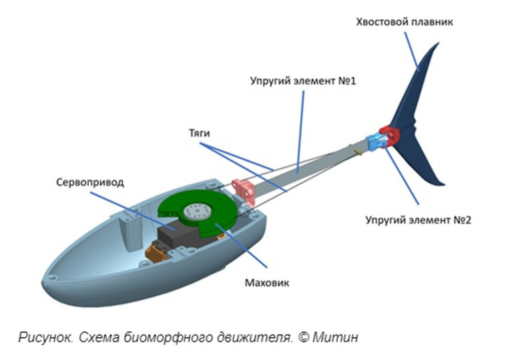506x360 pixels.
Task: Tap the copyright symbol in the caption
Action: pyautogui.click(x=304, y=337)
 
